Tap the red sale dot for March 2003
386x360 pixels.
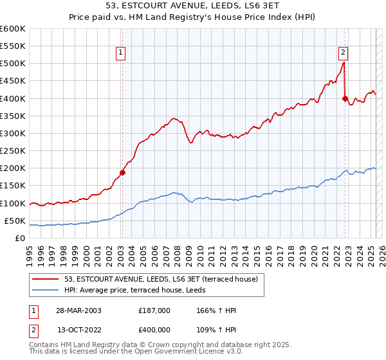click(122, 172)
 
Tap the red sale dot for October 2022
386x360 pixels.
click(345, 98)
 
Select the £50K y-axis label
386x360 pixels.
click(14, 221)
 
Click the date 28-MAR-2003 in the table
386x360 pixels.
click(79, 310)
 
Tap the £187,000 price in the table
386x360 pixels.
click(154, 310)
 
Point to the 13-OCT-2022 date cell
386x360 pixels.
click(79, 328)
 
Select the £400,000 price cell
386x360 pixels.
click(154, 328)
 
